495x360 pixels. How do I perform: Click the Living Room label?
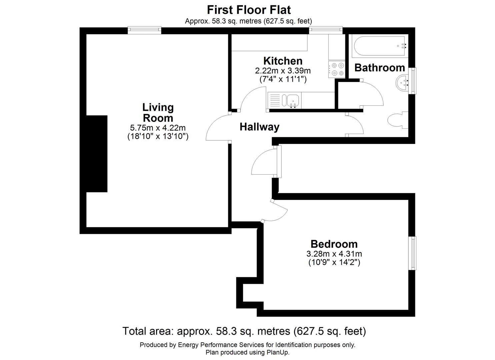coord(158,113)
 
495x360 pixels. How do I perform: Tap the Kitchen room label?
coord(283,61)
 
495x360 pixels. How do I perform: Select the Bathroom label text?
coord(379,68)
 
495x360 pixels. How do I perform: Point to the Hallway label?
coord(259,127)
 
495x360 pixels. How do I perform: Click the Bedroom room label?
coord(334,244)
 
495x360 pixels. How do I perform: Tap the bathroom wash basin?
coord(403,82)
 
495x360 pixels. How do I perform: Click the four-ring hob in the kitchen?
coord(337,70)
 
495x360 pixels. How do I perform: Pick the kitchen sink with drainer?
coord(284,100)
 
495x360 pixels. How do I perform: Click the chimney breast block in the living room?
coord(97,154)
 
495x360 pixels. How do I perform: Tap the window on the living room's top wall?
coord(145,30)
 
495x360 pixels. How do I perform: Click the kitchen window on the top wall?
coord(326,30)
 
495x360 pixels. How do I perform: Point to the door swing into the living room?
coord(217,128)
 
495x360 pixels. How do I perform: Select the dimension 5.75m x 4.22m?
coord(158,128)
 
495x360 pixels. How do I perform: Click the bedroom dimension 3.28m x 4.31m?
coord(334,254)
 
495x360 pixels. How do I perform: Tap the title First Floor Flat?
coord(249,10)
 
